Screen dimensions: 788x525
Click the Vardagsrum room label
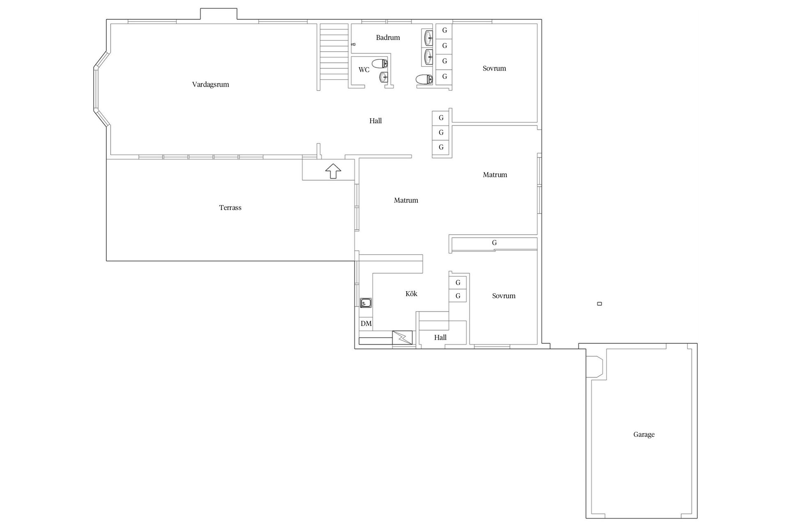point(211,84)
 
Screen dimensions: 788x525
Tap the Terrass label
point(230,208)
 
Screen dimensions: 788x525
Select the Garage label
point(644,434)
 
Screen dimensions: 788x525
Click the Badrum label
point(388,37)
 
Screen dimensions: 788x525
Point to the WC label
point(364,70)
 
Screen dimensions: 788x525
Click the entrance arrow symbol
point(333,171)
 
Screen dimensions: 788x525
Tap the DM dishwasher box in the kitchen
point(366,324)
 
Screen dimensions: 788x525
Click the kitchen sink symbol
point(366,303)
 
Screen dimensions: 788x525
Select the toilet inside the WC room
point(380,64)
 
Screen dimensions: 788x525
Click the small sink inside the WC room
point(384,77)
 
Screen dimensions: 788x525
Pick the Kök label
point(411,294)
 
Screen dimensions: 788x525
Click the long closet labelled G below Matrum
point(495,243)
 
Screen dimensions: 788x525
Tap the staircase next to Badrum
point(334,52)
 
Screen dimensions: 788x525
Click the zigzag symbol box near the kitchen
point(403,338)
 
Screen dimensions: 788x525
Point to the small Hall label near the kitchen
point(440,338)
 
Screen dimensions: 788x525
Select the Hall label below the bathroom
point(376,121)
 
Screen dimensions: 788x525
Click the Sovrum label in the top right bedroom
point(494,68)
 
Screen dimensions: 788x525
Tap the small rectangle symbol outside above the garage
point(600,304)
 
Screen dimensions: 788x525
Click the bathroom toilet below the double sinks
point(424,79)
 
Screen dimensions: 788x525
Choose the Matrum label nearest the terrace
point(406,200)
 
